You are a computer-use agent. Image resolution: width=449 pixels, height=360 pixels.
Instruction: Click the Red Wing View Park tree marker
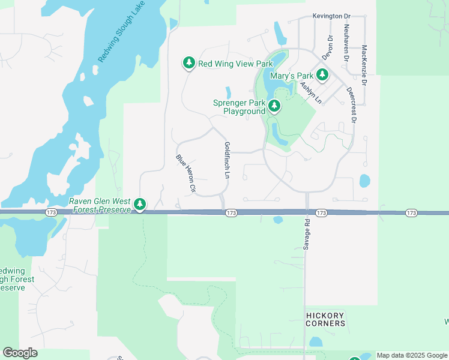189,63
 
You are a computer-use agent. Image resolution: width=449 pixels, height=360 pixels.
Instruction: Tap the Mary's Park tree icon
322,75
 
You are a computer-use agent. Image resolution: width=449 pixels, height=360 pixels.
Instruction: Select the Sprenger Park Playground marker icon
274,107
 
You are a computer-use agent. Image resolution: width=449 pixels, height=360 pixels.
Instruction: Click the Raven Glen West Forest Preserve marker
140,205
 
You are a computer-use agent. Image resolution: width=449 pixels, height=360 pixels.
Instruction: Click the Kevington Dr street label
331,16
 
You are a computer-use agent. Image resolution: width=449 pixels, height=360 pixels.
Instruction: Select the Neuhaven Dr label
346,43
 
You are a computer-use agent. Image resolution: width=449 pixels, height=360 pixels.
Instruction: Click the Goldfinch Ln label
227,161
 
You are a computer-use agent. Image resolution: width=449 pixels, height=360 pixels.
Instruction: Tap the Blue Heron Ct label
186,173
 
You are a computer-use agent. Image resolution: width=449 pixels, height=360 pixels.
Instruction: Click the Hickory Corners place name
325,319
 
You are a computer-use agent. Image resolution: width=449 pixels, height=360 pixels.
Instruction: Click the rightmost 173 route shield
411,213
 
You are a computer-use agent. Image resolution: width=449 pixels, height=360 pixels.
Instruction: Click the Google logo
20,353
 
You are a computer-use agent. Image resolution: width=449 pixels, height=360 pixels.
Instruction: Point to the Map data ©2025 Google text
412,355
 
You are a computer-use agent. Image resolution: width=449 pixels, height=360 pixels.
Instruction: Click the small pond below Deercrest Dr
364,181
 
